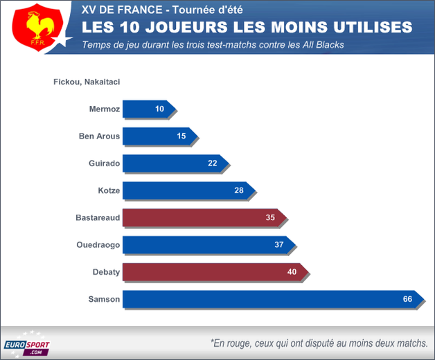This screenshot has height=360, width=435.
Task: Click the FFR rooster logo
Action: pos(34,27)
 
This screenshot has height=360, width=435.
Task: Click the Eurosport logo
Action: pos(26,345)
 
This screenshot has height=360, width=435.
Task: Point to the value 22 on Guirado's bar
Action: pos(213,163)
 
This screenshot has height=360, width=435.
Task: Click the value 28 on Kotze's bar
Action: pos(240,190)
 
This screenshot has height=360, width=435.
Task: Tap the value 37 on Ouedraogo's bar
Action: pos(279,245)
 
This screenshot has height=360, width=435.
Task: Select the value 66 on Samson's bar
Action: pos(407,299)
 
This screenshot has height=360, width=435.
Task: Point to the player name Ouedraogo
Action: pos(98,245)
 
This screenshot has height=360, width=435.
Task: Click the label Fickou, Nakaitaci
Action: pos(87,82)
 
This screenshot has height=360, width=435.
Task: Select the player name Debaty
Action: pos(106,272)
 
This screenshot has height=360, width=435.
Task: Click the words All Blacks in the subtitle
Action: pos(323,45)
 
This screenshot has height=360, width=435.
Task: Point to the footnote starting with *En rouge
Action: pos(318,343)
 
